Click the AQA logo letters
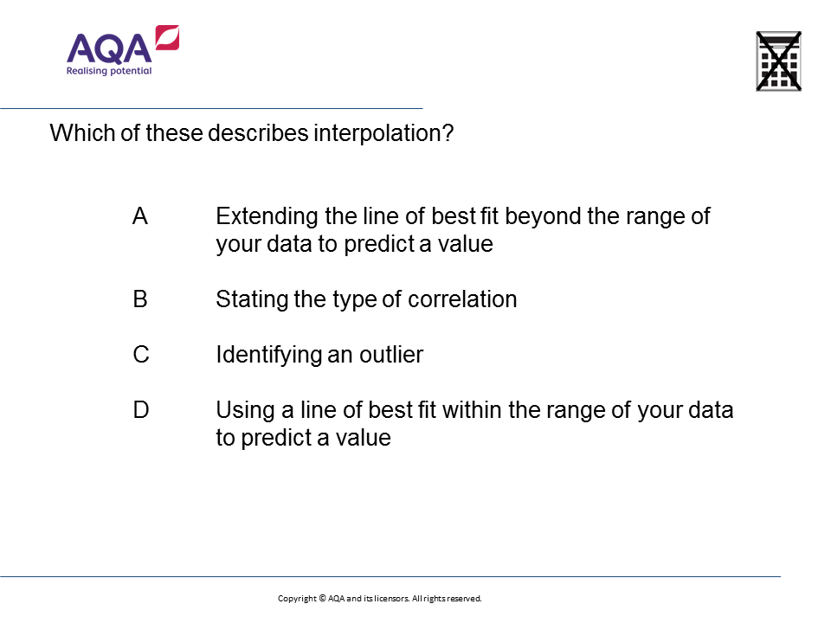[x=109, y=48]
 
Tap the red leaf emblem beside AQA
[x=167, y=37]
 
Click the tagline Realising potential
[x=109, y=70]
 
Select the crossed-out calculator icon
[x=778, y=61]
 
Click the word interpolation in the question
[x=383, y=133]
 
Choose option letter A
[x=140, y=216]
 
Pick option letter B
[x=140, y=299]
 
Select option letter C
[x=141, y=355]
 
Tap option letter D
[x=141, y=410]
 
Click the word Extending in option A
[x=267, y=216]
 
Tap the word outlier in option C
[x=391, y=355]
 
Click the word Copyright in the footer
[x=297, y=599]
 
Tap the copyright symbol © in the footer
[x=322, y=598]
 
